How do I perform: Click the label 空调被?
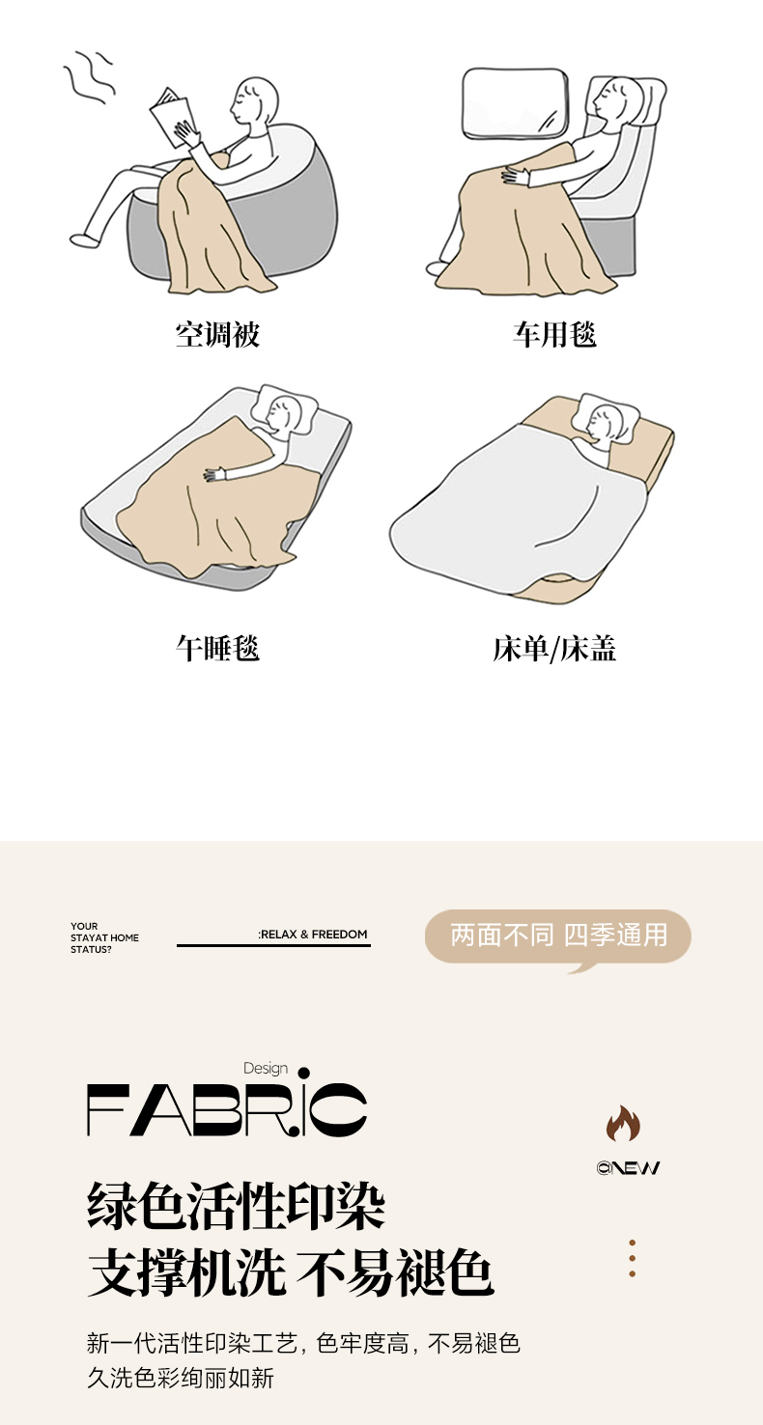point(217,335)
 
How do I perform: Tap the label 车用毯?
point(555,335)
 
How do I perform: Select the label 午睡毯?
point(217,648)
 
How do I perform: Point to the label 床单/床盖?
point(554,648)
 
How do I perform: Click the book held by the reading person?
point(172,118)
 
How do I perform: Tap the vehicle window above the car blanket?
point(515,103)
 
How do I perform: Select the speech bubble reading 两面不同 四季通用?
point(558,936)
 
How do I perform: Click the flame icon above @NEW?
point(623,1124)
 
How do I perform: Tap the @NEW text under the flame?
point(628,1167)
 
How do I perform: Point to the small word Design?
point(266,1068)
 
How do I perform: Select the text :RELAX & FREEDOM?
point(313,934)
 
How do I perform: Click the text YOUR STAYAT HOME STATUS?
point(104,937)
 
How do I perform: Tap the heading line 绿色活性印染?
point(236,1207)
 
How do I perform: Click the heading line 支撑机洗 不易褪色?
point(290,1272)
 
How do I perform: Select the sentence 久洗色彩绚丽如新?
point(181,1378)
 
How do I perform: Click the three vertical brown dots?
point(632,1258)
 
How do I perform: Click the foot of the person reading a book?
point(85,239)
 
